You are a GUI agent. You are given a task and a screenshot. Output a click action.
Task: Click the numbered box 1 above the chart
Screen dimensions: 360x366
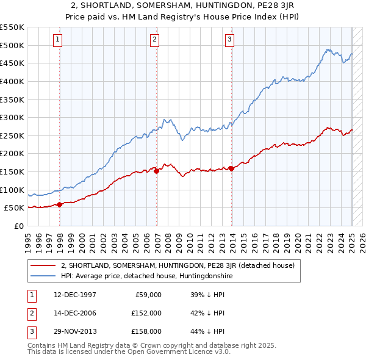tap(57, 40)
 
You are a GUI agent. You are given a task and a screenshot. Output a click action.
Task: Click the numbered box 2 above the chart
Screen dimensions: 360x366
tap(154, 40)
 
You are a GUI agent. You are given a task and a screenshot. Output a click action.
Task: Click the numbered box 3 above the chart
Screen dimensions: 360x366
tap(230, 40)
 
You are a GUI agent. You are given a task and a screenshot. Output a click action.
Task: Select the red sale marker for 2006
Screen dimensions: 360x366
tap(157, 171)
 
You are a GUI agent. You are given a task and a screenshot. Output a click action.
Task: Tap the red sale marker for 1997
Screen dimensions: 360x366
tap(59, 205)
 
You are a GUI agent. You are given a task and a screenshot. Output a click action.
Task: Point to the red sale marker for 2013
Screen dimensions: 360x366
tap(232, 169)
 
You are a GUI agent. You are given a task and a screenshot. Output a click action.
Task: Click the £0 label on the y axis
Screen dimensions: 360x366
tap(18, 226)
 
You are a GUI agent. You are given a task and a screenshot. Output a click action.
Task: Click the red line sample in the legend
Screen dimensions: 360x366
tap(43, 265)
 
